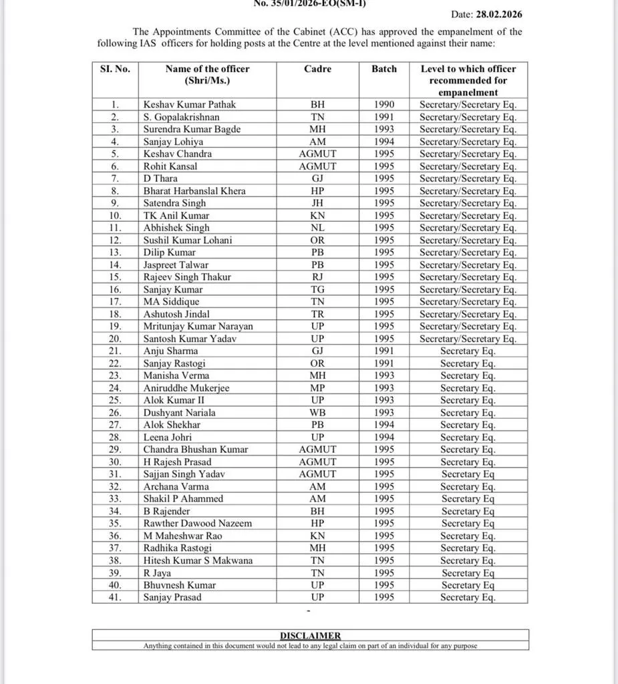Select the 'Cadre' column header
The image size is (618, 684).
(317, 69)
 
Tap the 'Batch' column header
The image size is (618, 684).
(384, 69)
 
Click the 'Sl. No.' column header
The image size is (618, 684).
(115, 69)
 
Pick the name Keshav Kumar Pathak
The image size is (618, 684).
(190, 105)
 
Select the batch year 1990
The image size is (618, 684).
(384, 105)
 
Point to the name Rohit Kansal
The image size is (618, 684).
(170, 166)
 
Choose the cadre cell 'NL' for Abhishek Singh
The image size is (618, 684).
(317, 228)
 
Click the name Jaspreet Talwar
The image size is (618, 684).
(176, 265)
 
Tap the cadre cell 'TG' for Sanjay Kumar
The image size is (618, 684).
(317, 290)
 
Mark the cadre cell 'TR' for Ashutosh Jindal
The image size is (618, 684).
(317, 314)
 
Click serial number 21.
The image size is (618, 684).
(115, 351)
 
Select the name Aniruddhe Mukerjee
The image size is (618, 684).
(186, 388)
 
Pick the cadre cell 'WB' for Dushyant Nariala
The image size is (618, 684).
(317, 413)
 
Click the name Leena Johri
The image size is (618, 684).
(168, 438)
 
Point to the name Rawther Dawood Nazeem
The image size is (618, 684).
(198, 524)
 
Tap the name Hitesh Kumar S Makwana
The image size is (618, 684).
(198, 560)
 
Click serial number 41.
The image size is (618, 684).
(115, 597)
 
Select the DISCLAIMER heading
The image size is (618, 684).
(310, 636)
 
